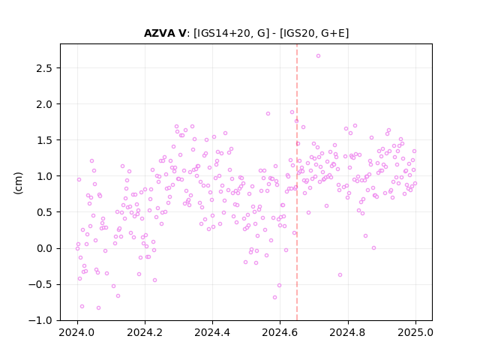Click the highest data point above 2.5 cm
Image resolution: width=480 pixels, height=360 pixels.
click(x=318, y=56)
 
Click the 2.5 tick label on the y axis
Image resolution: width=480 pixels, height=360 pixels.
click(x=44, y=68)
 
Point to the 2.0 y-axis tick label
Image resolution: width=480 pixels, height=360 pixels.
click(x=44, y=104)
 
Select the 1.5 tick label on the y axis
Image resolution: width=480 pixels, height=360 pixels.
click(x=44, y=140)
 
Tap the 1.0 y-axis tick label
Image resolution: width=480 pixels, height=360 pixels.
click(x=44, y=176)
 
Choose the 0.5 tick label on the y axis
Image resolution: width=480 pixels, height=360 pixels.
click(x=44, y=212)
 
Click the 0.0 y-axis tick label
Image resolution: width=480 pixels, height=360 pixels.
click(x=44, y=248)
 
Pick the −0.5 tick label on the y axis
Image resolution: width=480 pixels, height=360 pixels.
click(x=40, y=285)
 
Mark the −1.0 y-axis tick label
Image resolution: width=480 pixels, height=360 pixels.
click(x=40, y=320)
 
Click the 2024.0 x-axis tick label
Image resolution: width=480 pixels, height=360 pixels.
click(x=77, y=332)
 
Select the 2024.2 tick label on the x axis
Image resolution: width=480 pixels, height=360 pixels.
click(x=145, y=332)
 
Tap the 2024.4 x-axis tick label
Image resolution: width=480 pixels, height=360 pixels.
click(x=212, y=332)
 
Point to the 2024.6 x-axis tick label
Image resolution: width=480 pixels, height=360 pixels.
click(x=280, y=332)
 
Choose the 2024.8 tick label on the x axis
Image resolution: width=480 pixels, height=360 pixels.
click(x=348, y=332)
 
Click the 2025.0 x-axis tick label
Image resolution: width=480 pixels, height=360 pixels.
click(x=415, y=332)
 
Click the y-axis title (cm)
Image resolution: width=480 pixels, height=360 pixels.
click(x=18, y=183)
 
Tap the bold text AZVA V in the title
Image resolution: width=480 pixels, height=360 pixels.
click(x=165, y=33)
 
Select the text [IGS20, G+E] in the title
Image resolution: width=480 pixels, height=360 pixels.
click(x=314, y=33)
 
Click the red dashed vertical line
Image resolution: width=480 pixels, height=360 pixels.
click(x=297, y=182)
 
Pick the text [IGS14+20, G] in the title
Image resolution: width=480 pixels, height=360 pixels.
click(x=232, y=33)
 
